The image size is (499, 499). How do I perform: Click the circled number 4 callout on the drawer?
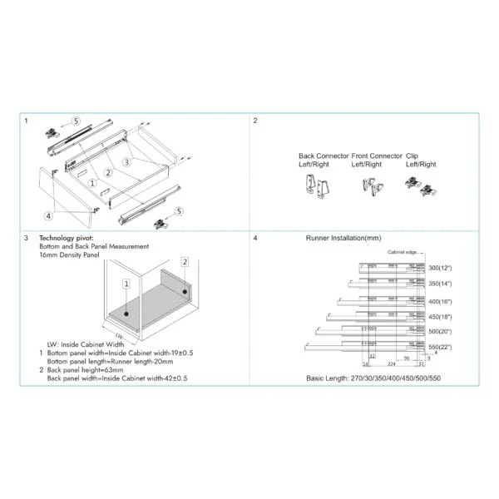[x=49, y=215]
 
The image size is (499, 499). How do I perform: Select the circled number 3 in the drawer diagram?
[x=126, y=161]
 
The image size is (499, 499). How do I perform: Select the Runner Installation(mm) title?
[x=342, y=239]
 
